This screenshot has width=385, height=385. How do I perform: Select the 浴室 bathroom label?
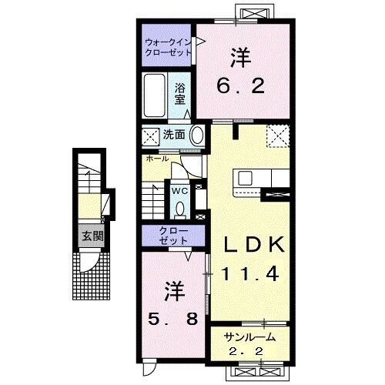[x=179, y=94]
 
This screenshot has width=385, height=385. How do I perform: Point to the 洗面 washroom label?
[x=174, y=135]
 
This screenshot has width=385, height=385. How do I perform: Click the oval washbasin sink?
[x=197, y=135]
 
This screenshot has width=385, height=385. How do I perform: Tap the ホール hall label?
[x=156, y=159]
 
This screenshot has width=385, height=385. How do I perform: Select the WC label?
[x=179, y=189]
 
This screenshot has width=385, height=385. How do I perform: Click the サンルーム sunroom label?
[x=249, y=338]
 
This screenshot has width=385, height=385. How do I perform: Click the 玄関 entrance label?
[x=92, y=236]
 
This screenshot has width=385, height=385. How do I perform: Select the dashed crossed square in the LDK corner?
[x=277, y=136]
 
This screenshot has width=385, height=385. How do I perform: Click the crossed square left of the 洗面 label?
[x=151, y=136]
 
